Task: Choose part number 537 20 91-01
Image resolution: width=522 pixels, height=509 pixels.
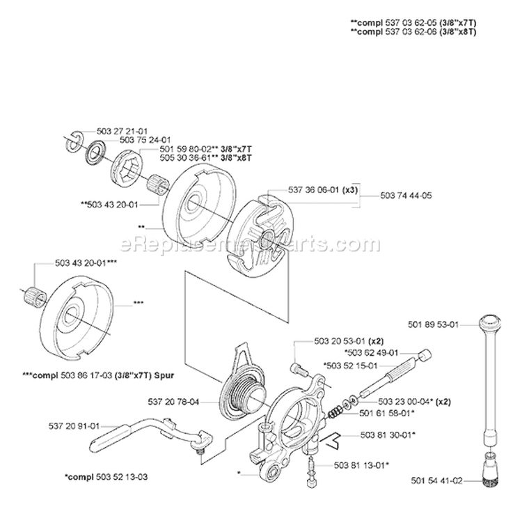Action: (x=75, y=426)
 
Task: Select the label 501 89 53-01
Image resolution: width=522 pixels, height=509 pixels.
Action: (x=432, y=323)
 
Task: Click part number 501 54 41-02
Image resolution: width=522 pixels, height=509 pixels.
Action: (x=432, y=480)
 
